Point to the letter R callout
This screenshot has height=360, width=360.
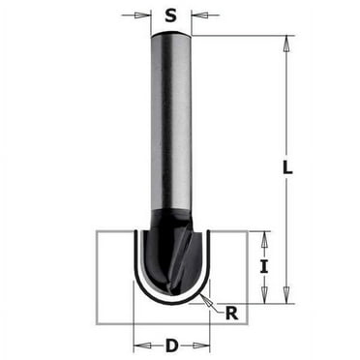point(231,312)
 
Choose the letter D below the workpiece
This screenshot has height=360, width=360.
point(172,344)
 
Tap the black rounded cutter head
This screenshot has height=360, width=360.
point(171,256)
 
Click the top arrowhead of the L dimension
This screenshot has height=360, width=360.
point(286,42)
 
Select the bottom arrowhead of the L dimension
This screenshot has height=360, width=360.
point(286,297)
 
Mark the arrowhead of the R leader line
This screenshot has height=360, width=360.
point(206,296)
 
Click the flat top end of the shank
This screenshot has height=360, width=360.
point(171,35)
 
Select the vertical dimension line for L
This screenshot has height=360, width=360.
point(286,116)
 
